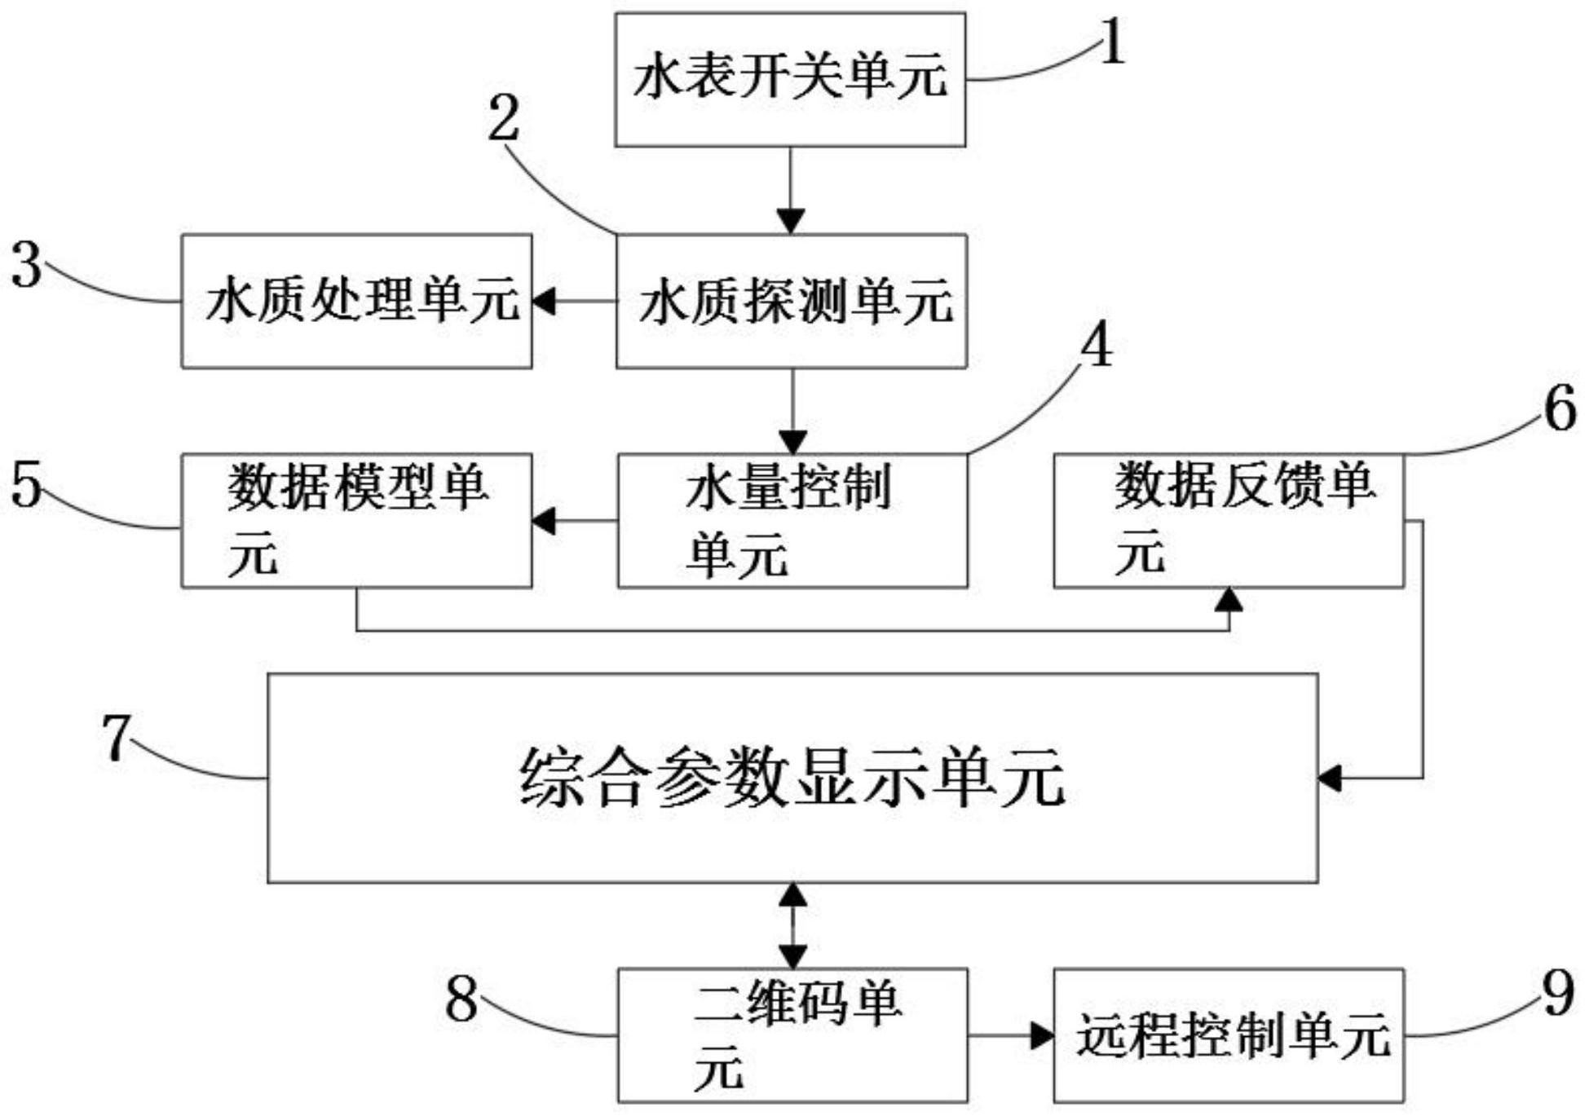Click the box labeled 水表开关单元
pyautogui.click(x=789, y=79)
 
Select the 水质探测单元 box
pyautogui.click(x=791, y=301)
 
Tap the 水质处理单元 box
pyautogui.click(x=356, y=301)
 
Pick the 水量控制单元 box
pyautogui.click(x=792, y=520)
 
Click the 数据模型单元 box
pyautogui.click(x=356, y=520)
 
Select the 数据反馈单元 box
pyautogui.click(x=1228, y=520)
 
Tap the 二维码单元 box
pyautogui.click(x=792, y=1034)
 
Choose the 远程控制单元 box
pyautogui.click(x=1228, y=1034)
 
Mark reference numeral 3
pyautogui.click(x=27, y=266)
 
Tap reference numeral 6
pyautogui.click(x=1560, y=409)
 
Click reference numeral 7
pyautogui.click(x=117, y=738)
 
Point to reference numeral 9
pyautogui.click(x=1558, y=995)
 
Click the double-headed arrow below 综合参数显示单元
pyautogui.click(x=792, y=925)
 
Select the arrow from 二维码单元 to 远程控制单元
pyautogui.click(x=1011, y=1035)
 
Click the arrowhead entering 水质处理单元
pyautogui.click(x=544, y=301)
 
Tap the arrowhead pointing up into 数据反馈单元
pyautogui.click(x=1229, y=600)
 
